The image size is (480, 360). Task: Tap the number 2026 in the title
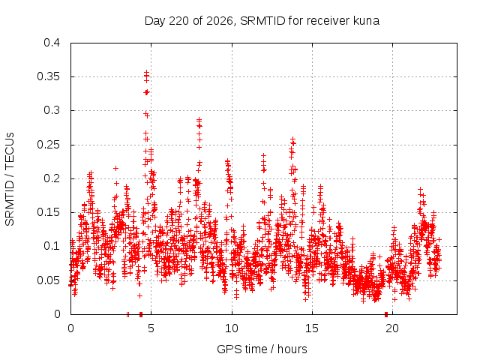point(220,21)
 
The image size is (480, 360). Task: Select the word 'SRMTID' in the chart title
point(262,21)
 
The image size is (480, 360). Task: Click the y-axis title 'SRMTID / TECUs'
point(10,179)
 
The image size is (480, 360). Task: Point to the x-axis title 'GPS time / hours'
point(262,349)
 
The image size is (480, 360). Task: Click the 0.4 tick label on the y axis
point(52,43)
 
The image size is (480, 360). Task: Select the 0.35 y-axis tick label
point(48,76)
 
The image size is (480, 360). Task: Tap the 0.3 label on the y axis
point(52,110)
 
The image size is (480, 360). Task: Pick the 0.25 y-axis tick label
point(48,145)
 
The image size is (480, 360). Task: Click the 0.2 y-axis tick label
point(52,178)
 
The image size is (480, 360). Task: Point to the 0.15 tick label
point(48,212)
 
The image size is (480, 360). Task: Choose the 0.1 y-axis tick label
point(52,246)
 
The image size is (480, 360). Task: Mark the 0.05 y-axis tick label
point(48,280)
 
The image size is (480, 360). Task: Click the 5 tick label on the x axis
point(151,328)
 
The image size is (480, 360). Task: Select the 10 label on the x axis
point(232,328)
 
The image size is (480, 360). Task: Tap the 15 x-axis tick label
point(312,328)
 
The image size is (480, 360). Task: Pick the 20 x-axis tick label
point(392,328)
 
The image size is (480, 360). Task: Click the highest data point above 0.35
point(147,72)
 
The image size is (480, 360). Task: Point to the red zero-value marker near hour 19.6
point(386,314)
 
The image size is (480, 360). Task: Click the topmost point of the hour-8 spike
point(199,119)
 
